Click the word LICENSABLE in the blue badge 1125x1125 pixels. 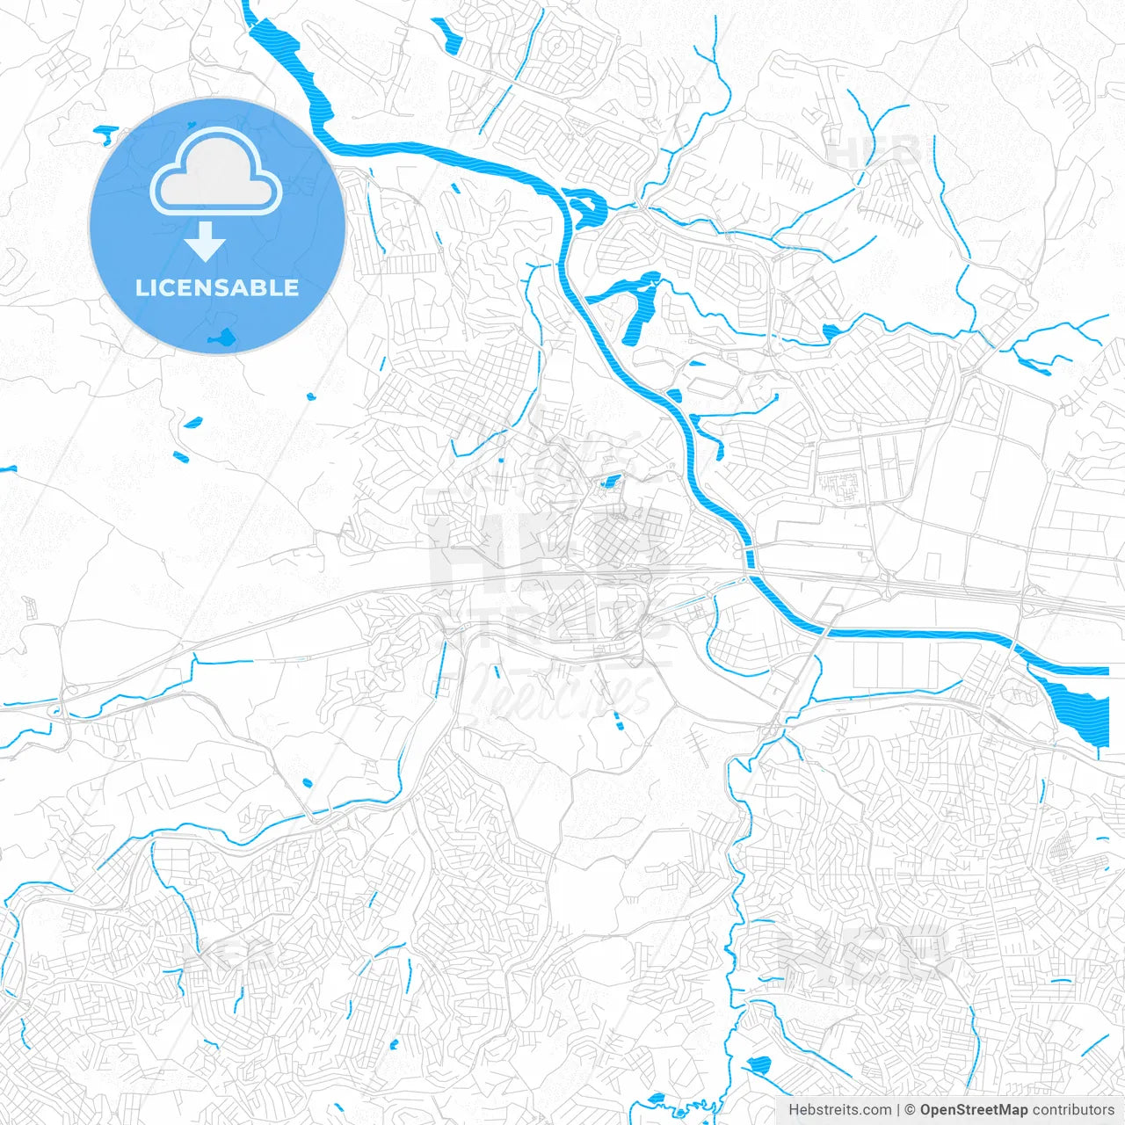(217, 287)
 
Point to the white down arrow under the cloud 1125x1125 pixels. (206, 241)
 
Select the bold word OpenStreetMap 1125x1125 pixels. (974, 1110)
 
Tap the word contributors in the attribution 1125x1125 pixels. (1073, 1110)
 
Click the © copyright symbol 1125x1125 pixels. (911, 1110)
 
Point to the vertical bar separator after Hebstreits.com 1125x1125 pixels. (898, 1110)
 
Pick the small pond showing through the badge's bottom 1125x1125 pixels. (221, 337)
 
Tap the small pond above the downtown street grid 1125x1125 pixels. (609, 482)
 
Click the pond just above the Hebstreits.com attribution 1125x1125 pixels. (758, 1066)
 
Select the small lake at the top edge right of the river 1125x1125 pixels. (447, 35)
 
